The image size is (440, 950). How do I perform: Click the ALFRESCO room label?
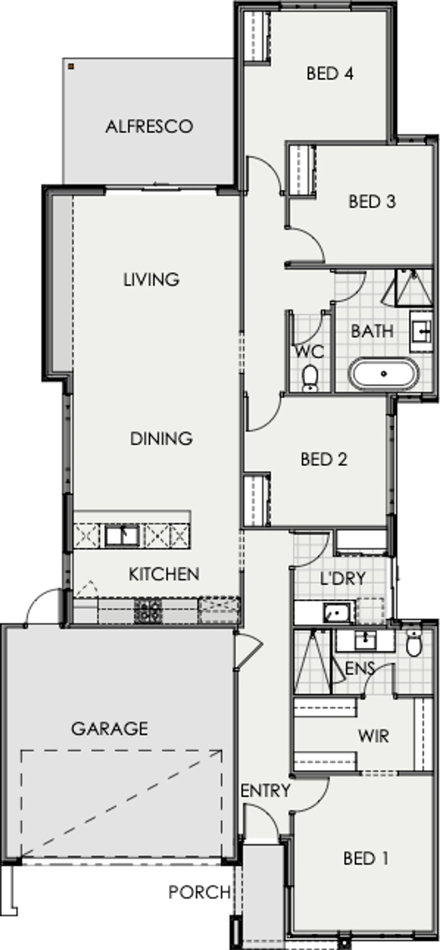tap(149, 126)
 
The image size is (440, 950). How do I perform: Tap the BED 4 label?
tap(330, 73)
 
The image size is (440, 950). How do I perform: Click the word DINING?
tap(161, 438)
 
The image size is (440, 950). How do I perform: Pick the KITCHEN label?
tap(164, 574)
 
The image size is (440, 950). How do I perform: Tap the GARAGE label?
tap(110, 729)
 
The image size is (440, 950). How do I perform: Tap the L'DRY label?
tap(343, 578)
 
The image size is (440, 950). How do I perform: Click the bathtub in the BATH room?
tap(384, 374)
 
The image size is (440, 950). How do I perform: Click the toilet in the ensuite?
tap(414, 643)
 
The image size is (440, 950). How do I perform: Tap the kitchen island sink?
tap(122, 536)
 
